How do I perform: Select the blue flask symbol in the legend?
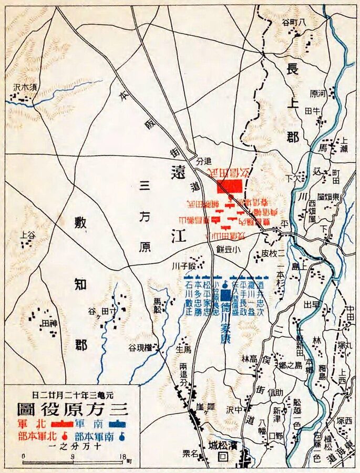(122, 436)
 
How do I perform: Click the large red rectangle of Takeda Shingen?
(229, 187)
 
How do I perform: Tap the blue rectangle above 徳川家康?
(225, 295)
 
